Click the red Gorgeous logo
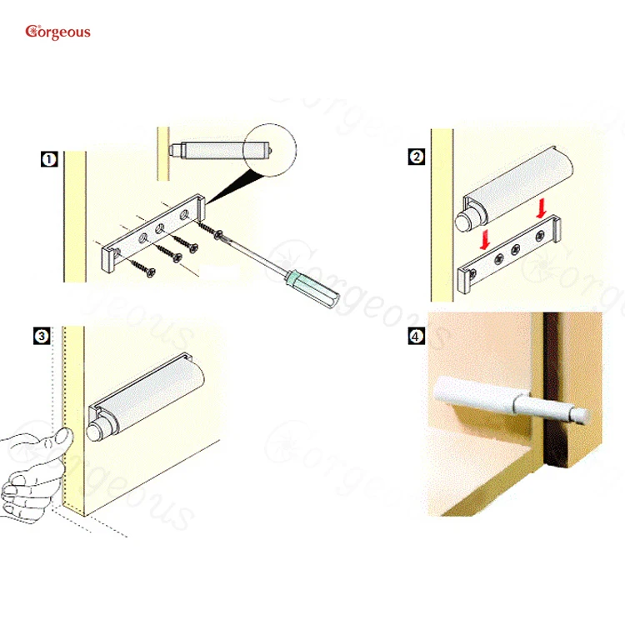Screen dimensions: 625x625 click(x=57, y=32)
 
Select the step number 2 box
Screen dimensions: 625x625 click(x=417, y=157)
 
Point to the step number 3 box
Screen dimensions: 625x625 click(x=40, y=336)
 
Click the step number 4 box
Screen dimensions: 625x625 click(x=416, y=337)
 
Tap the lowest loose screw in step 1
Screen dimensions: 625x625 click(x=141, y=271)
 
